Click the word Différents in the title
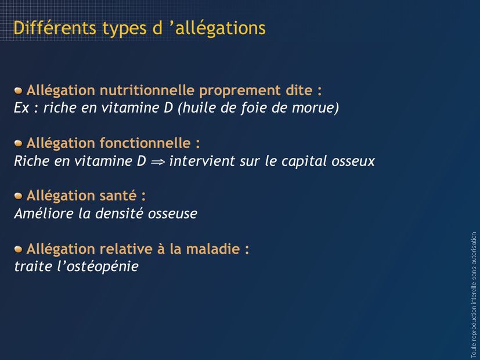point(55,28)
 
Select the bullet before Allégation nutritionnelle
point(19,91)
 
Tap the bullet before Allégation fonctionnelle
point(19,143)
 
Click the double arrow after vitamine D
point(158,162)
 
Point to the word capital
point(304,161)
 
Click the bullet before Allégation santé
point(19,196)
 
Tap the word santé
point(118,196)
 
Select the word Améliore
point(44,213)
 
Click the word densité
point(119,213)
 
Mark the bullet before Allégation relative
point(19,249)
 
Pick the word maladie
point(213,249)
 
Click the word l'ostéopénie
point(98,266)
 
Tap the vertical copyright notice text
point(474,295)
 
